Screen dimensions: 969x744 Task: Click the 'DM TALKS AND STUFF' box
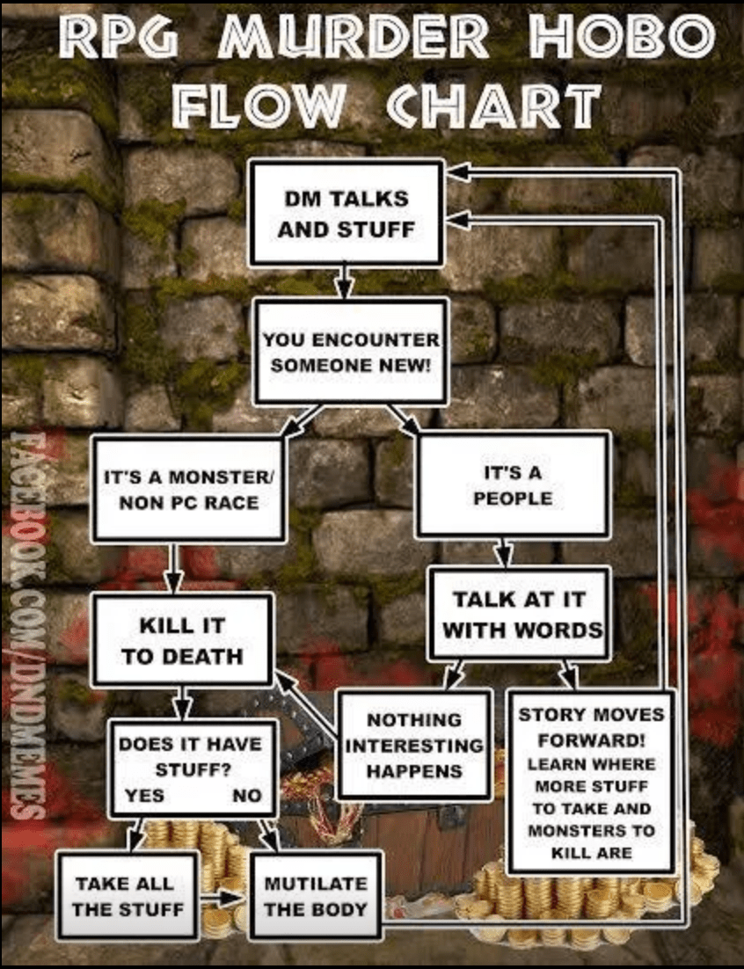tap(345, 213)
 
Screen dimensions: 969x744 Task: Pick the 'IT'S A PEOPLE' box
tap(513, 484)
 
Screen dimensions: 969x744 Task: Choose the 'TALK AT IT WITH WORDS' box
tap(519, 615)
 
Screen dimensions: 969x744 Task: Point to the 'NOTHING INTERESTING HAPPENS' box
tap(414, 744)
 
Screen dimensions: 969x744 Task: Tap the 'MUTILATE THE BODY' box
tap(316, 895)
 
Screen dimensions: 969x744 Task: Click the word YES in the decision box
tap(144, 796)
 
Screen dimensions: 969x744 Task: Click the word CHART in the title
tap(492, 105)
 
